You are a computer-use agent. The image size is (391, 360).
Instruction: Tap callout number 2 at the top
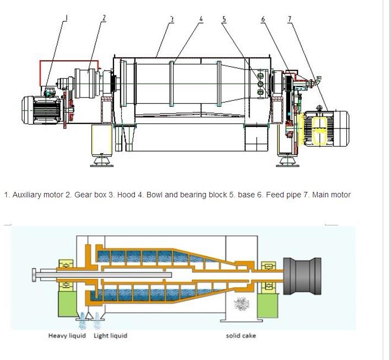click(x=104, y=18)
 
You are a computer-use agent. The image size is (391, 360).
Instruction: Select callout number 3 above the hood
click(x=172, y=19)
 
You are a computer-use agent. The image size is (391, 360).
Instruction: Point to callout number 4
click(x=201, y=19)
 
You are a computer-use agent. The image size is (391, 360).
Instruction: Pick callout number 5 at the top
click(x=224, y=19)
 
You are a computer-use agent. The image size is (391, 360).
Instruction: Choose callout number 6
click(x=263, y=19)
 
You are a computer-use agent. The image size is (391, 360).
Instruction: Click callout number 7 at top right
click(x=290, y=19)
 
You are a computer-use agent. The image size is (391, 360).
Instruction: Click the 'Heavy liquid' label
click(x=67, y=336)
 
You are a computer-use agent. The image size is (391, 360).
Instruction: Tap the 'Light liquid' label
click(x=110, y=336)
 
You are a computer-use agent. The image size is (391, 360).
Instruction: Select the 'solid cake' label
click(x=241, y=336)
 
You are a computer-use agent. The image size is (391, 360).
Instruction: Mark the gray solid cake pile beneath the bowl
click(x=241, y=304)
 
